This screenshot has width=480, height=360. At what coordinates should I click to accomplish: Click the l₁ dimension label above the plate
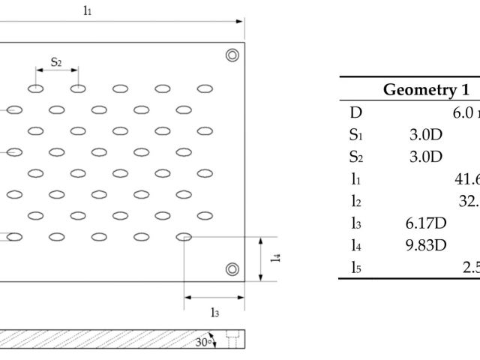(x=87, y=11)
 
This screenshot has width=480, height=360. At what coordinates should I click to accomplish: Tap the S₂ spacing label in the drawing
(x=56, y=62)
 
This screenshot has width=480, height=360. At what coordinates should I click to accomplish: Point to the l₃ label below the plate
(x=215, y=313)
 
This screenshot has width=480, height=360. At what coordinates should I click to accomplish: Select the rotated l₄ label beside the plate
(x=275, y=257)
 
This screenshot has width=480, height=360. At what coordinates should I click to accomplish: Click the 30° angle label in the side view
(x=203, y=342)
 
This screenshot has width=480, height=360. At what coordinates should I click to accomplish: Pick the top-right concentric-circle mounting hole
(x=232, y=55)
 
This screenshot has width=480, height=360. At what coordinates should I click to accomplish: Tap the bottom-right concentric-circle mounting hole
(x=232, y=269)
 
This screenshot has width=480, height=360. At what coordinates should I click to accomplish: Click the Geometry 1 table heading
(x=426, y=90)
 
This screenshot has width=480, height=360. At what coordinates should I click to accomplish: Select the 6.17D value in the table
(x=426, y=223)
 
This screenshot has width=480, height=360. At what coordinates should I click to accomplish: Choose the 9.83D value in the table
(x=426, y=245)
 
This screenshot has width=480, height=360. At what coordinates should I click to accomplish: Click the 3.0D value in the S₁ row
(x=426, y=135)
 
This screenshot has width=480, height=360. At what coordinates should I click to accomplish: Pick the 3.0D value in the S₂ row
(x=426, y=157)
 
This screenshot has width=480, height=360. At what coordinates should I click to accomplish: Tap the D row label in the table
(x=355, y=112)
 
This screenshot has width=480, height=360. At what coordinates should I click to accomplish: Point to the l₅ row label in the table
(x=356, y=268)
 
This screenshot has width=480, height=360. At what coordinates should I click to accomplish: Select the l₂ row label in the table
(x=356, y=202)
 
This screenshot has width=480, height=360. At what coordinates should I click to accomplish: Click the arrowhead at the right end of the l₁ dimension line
(x=239, y=22)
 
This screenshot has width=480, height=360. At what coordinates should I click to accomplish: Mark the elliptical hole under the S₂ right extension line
(x=78, y=88)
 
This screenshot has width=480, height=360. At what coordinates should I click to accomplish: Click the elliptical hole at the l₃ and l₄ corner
(x=184, y=237)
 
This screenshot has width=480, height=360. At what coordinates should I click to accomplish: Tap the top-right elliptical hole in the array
(x=205, y=88)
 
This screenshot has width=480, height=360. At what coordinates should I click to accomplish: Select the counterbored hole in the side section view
(x=232, y=339)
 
